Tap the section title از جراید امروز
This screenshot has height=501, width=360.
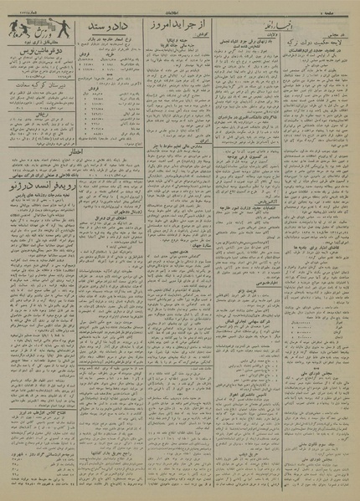click(x=175, y=27)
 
